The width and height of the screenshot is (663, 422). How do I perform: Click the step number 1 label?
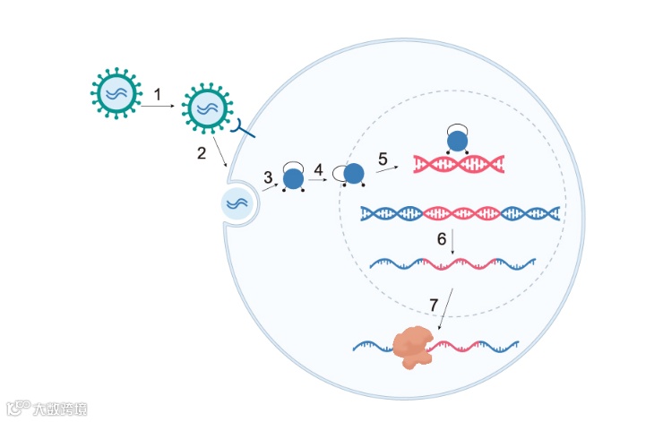[158, 93]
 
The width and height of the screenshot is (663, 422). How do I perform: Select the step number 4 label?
[318, 168]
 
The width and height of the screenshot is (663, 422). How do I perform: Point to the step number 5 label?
[383, 159]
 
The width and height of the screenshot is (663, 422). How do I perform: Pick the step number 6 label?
[442, 239]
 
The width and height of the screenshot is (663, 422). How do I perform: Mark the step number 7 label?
[434, 306]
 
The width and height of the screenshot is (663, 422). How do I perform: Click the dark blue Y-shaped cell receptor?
[241, 130]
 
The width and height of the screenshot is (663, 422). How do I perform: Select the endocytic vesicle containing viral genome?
[237, 203]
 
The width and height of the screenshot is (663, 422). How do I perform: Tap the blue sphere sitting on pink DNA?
[458, 141]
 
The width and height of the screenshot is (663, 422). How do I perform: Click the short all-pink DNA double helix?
[458, 163]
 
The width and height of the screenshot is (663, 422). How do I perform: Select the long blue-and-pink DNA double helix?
[460, 213]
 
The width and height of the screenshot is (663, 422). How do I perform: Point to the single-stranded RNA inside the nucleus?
[453, 263]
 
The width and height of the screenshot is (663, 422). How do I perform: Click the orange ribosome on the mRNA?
[414, 346]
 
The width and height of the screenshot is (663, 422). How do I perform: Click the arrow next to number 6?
[453, 242]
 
